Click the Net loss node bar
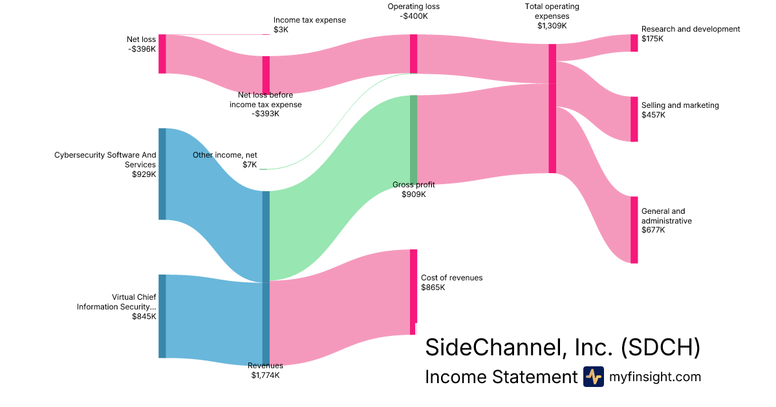(162, 54)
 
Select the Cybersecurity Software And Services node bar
(162, 174)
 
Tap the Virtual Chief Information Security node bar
(162, 316)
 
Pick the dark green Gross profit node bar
(413, 140)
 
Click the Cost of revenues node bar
(413, 291)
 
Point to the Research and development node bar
(634, 43)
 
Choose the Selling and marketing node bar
(634, 119)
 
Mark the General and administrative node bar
(634, 230)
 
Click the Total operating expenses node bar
(552, 109)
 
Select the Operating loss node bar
(413, 54)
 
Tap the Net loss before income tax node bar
(266, 75)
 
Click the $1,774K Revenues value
(265, 375)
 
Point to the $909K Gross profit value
(414, 194)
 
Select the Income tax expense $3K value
(281, 30)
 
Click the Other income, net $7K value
(250, 165)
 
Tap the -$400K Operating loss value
(414, 16)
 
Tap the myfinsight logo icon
(593, 377)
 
